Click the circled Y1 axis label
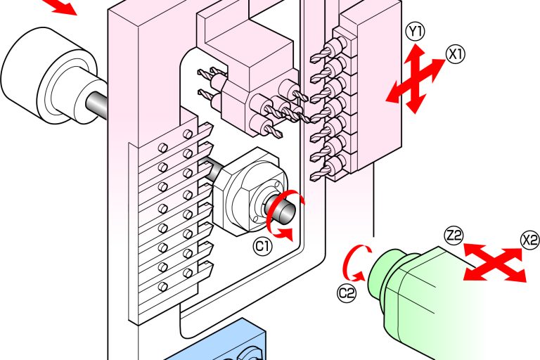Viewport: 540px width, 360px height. click(x=416, y=32)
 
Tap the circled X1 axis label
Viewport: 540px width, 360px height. click(x=456, y=54)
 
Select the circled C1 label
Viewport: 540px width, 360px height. click(x=263, y=246)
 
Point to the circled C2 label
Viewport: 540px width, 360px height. click(x=346, y=293)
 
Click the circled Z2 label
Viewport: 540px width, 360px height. click(x=454, y=236)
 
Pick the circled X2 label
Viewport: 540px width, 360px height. click(x=529, y=240)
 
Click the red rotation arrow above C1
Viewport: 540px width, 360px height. click(x=285, y=214)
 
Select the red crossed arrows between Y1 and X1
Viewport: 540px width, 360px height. click(x=416, y=79)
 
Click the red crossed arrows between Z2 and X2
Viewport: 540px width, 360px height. click(x=495, y=262)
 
